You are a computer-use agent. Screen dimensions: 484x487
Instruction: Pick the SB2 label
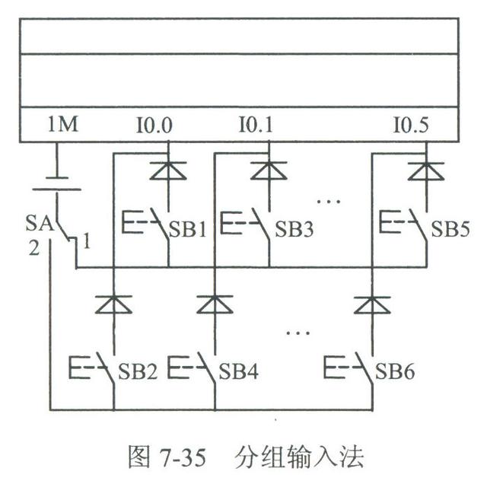[x=138, y=373]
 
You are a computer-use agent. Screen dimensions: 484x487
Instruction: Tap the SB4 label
[x=240, y=373]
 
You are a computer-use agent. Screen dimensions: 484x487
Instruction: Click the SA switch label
[x=38, y=225]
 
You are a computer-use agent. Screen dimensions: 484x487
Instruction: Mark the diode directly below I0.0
[x=168, y=170]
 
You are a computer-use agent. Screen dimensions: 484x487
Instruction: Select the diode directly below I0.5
[x=425, y=170]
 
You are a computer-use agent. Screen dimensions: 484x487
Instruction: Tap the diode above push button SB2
[x=113, y=304]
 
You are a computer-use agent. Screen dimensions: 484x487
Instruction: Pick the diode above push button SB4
[x=215, y=304]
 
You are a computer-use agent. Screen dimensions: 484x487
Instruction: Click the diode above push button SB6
[x=372, y=304]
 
